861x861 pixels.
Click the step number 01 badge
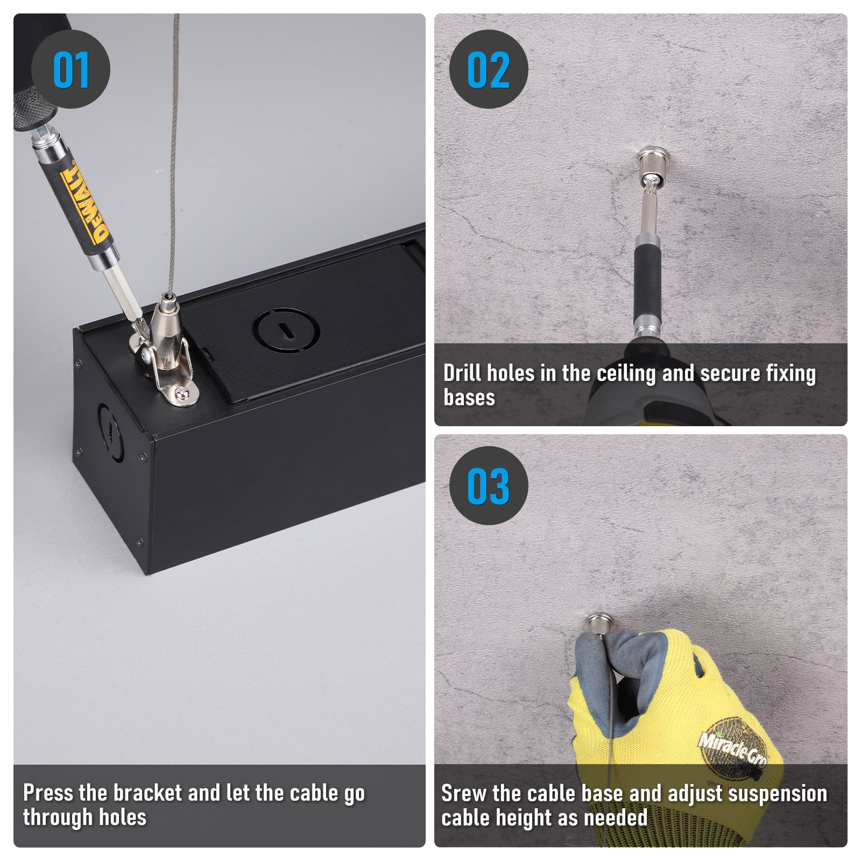pos(70,69)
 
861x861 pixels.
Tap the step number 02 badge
pos(489,69)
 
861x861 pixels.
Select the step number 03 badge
pos(489,485)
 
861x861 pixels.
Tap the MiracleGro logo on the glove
pos(733,747)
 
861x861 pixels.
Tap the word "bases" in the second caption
pos(469,398)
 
